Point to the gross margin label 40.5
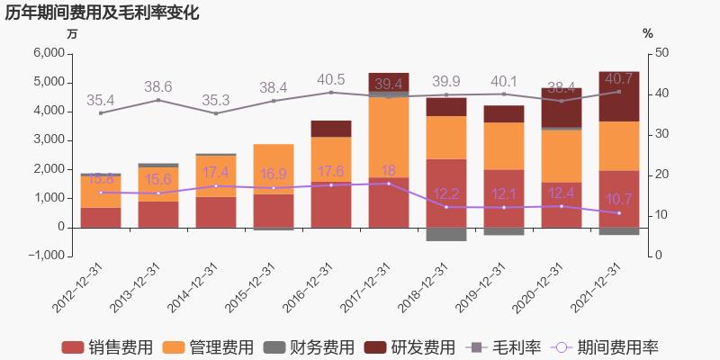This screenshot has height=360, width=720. (331, 79)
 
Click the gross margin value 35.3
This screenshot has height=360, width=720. (216, 100)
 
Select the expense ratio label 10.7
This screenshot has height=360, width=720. (618, 199)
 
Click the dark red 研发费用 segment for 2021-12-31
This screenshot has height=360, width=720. (618, 96)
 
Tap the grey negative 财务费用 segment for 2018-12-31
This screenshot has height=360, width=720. (445, 234)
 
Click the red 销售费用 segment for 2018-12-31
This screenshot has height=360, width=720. (445, 193)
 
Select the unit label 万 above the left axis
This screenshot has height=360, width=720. (73, 33)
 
